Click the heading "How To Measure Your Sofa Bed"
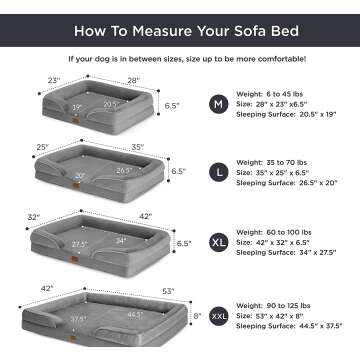tap(180, 20)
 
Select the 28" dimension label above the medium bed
tap(133, 81)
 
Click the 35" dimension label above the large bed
tap(137, 147)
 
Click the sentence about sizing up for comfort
tap(180, 58)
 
